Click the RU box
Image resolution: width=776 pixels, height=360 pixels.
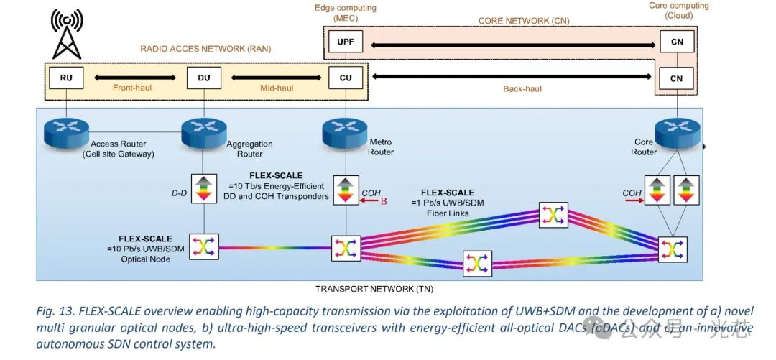click(67, 78)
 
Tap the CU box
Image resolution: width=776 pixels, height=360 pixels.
click(346, 78)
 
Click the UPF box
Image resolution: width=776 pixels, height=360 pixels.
click(346, 42)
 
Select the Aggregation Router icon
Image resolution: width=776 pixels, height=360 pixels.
click(203, 130)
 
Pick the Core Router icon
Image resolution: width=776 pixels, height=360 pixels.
click(672, 130)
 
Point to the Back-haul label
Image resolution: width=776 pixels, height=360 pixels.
click(522, 88)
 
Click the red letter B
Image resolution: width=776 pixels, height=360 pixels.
click(384, 201)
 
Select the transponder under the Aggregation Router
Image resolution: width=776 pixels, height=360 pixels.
click(203, 189)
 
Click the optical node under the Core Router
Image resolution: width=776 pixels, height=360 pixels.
click(672, 248)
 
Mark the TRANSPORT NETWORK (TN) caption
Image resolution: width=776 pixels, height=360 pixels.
click(374, 289)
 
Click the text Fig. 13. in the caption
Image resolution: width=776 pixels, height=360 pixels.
click(51, 313)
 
